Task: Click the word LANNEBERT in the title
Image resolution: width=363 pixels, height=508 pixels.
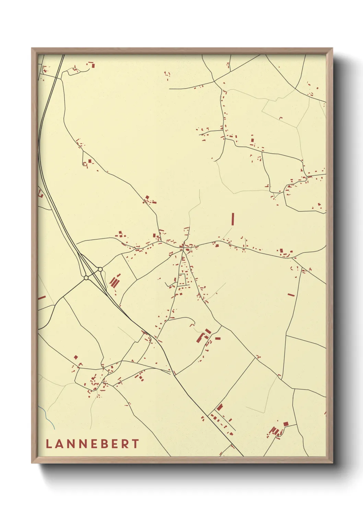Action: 92,444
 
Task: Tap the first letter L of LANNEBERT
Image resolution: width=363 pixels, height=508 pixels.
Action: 48,444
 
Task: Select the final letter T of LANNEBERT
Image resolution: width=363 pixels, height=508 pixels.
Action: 136,444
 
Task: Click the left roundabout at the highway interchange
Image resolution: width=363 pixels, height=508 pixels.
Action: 86,277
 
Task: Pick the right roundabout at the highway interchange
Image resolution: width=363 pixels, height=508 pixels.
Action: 100,269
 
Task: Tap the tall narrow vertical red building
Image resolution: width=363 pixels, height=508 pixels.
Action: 233,219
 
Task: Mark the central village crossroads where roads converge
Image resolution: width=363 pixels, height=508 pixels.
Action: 183,246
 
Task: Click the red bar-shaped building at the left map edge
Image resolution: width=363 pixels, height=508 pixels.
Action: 42,297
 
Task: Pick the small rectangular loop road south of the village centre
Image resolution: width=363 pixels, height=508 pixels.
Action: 182,280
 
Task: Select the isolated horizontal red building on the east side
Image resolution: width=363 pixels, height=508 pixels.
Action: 291,295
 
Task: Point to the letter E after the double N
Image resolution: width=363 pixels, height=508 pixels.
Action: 92,444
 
